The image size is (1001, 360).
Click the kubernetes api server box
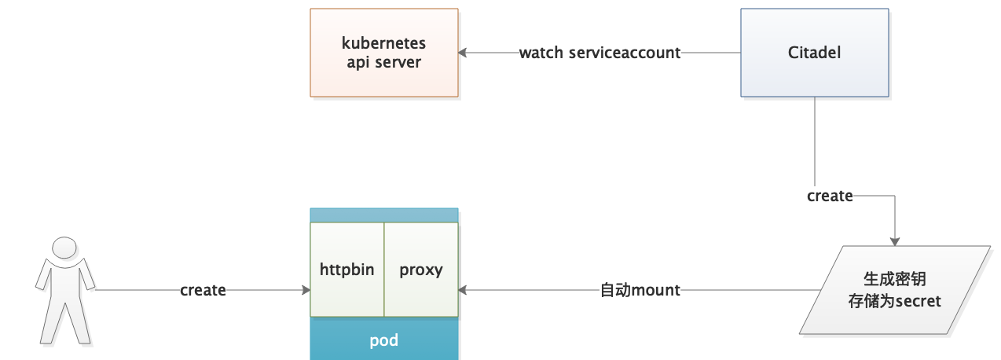click(383, 53)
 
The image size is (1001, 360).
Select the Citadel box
click(814, 53)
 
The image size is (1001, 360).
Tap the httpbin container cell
click(346, 270)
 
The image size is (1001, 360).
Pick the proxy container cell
click(421, 270)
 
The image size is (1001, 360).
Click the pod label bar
click(383, 340)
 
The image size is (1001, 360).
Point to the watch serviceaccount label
click(599, 53)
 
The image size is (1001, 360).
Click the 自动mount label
click(640, 290)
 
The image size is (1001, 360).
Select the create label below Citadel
click(830, 196)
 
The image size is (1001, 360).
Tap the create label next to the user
click(203, 290)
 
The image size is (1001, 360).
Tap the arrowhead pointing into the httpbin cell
click(306, 290)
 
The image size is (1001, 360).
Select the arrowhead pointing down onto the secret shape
click(894, 241)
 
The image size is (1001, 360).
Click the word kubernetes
click(383, 43)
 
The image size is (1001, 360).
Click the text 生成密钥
click(891, 280)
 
